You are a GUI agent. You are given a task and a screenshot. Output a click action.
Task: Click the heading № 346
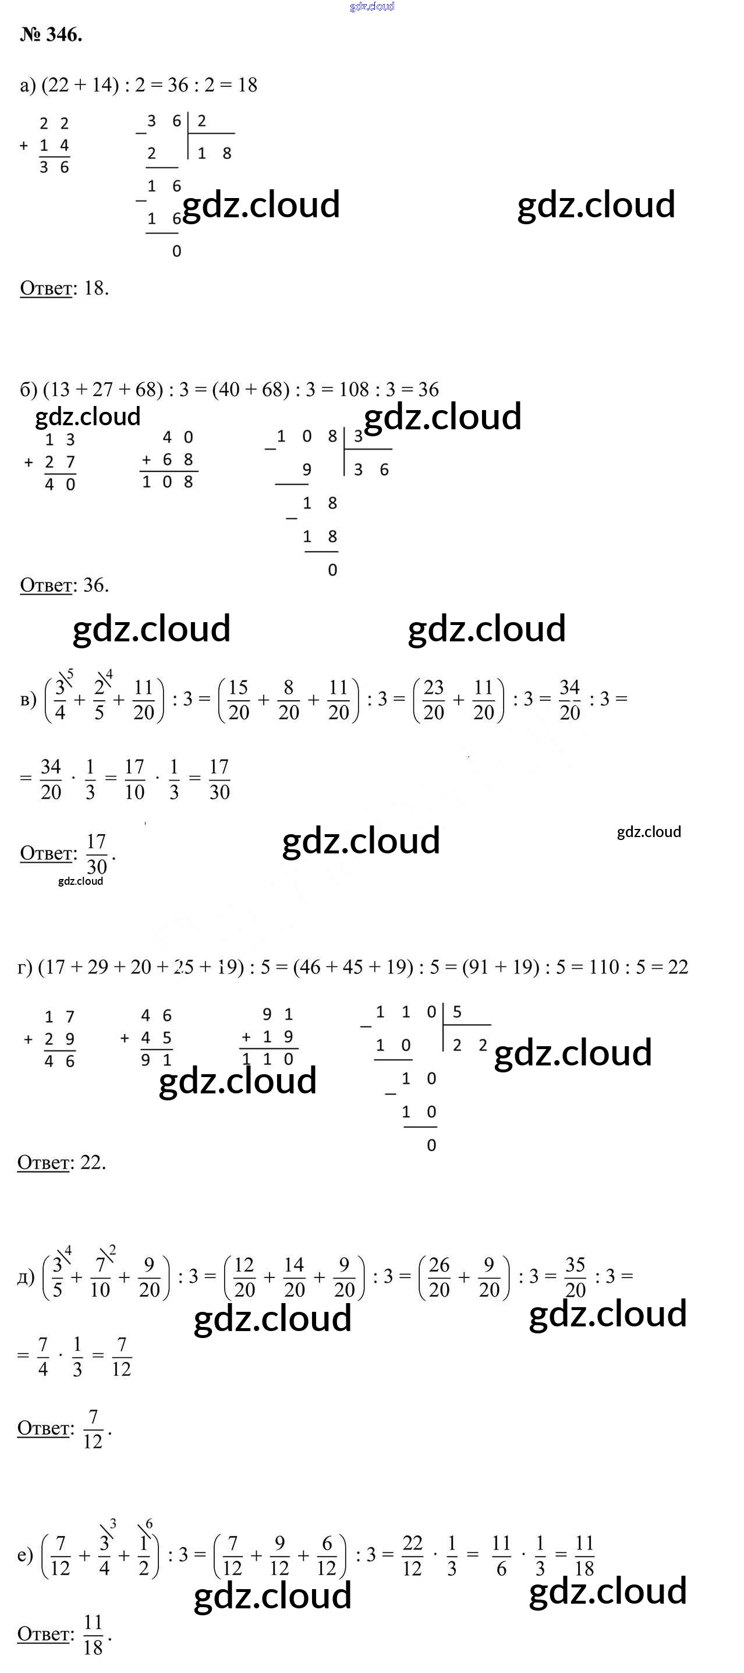click(51, 35)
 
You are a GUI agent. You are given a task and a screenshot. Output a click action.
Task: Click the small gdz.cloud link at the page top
click(371, 6)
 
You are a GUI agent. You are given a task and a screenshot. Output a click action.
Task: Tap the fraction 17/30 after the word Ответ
click(96, 854)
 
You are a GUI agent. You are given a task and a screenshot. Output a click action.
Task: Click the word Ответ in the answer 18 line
click(46, 288)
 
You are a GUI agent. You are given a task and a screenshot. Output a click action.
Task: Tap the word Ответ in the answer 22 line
click(43, 1162)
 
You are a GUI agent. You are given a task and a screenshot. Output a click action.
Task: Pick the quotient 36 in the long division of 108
click(371, 470)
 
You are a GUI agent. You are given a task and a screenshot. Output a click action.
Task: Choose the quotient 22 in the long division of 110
click(469, 1045)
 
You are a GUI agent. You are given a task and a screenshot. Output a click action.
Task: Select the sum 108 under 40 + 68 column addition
click(168, 482)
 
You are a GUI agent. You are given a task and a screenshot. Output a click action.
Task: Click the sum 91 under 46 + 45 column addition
click(156, 1060)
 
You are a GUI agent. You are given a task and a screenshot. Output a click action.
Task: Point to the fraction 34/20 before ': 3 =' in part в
click(569, 700)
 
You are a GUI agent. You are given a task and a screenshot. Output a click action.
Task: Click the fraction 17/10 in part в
click(134, 779)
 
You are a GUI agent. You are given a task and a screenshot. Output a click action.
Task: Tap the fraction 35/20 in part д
click(575, 1277)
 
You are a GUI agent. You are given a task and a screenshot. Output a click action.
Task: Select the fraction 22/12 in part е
click(412, 1555)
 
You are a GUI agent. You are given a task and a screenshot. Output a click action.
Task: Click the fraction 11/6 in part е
click(501, 1555)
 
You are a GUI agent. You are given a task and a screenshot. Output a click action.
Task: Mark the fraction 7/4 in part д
click(43, 1356)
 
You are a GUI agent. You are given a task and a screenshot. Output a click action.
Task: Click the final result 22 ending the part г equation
click(678, 967)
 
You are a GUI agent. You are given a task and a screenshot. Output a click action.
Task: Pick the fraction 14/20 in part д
click(294, 1277)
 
